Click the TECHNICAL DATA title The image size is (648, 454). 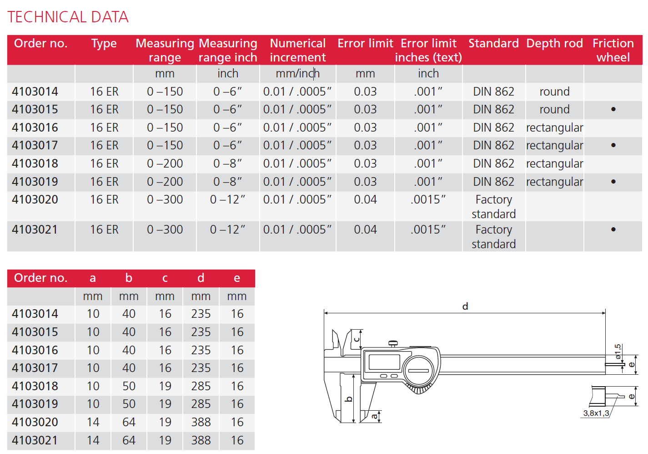click(68, 17)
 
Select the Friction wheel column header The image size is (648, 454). click(613, 50)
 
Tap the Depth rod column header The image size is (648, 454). click(554, 44)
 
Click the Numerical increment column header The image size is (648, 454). click(298, 50)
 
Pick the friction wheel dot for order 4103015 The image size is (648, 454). click(613, 109)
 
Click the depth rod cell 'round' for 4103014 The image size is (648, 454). click(554, 92)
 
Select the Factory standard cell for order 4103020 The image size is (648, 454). click(493, 207)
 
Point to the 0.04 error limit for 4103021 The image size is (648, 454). click(365, 230)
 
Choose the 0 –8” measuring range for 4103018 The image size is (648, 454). click(227, 163)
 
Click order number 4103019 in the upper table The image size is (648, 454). click(35, 182)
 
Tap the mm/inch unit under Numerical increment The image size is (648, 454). click(298, 74)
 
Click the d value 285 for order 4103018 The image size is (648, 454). click(201, 386)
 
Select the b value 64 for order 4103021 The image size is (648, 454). click(129, 440)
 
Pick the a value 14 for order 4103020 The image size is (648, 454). click(93, 422)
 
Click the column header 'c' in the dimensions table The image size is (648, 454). click(165, 278)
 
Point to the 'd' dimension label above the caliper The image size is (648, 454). click(465, 306)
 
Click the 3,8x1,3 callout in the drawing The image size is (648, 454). click(596, 413)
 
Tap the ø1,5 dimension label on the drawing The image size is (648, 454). click(618, 352)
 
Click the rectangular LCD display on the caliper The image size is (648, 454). click(384, 362)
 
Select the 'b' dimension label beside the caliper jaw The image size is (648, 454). click(349, 399)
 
